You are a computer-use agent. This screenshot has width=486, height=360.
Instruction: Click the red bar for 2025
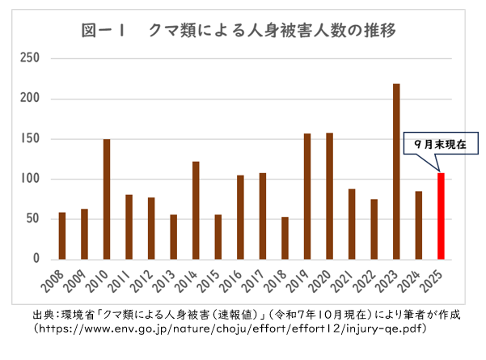click(441, 216)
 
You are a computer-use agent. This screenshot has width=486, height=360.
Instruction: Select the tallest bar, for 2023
click(396, 172)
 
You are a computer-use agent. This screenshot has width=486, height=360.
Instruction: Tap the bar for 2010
click(107, 199)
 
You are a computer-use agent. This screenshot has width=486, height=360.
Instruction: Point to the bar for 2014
click(196, 210)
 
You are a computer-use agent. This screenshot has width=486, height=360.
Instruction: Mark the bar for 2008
click(62, 235)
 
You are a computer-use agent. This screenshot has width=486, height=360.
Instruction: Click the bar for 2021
click(352, 224)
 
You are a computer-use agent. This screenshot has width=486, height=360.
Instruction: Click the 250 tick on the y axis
click(30, 58)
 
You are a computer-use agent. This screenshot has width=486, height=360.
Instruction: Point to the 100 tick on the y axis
click(30, 179)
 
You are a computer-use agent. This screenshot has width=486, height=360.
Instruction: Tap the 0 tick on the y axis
click(36, 259)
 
